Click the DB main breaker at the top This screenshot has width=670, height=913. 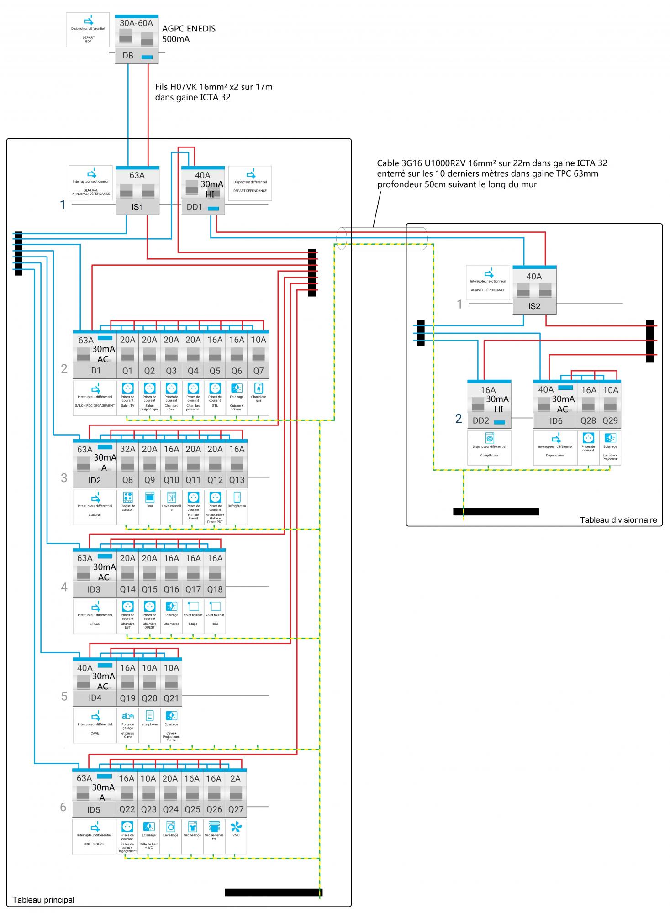137,39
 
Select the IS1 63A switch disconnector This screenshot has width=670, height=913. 137,191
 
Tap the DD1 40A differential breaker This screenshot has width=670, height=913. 203,191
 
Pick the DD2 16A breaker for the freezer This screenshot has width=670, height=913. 489,404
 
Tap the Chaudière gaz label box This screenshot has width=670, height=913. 259,398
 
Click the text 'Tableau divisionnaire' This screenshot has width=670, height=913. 618,519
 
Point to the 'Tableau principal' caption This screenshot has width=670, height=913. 43,900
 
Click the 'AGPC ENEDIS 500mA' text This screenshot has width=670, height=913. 189,34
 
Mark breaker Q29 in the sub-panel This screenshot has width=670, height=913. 610,404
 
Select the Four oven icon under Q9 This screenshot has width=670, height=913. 150,497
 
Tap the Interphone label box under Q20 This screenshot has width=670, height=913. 150,725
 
